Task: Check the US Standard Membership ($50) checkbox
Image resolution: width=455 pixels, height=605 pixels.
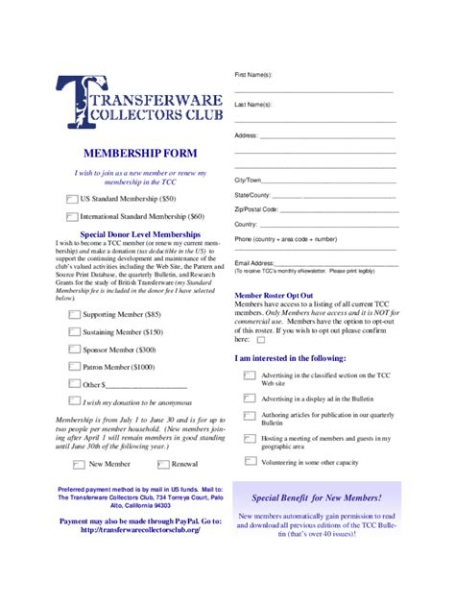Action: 72,199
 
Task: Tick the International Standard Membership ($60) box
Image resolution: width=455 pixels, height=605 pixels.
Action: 72,217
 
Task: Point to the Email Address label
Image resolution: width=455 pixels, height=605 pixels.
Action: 254,263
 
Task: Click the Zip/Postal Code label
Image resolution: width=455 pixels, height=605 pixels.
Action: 256,208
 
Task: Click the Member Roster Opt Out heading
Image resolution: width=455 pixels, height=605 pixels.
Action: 275,295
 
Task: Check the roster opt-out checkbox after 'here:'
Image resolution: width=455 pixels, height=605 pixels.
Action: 259,339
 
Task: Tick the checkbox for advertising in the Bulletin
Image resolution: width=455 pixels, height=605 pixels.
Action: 250,399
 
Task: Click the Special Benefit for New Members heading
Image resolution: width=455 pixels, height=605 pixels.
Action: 316,498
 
